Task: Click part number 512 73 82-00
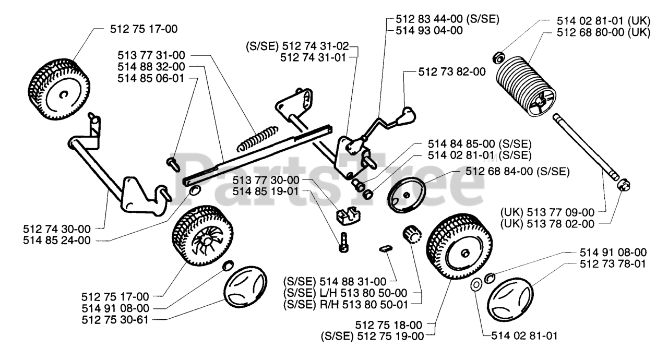(452, 72)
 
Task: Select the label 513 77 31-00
(151, 55)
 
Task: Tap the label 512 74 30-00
(57, 229)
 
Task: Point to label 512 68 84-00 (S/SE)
(517, 171)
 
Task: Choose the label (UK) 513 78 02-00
(547, 224)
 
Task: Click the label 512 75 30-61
(115, 320)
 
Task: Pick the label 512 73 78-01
(613, 264)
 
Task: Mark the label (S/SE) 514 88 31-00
(335, 281)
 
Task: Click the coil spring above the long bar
(257, 138)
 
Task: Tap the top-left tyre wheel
(59, 89)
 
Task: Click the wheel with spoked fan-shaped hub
(203, 235)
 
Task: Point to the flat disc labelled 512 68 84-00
(407, 195)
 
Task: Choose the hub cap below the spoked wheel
(245, 287)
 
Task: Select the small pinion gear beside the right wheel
(412, 234)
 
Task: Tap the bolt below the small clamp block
(344, 242)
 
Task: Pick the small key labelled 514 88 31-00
(386, 248)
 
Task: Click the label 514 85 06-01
(151, 78)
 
